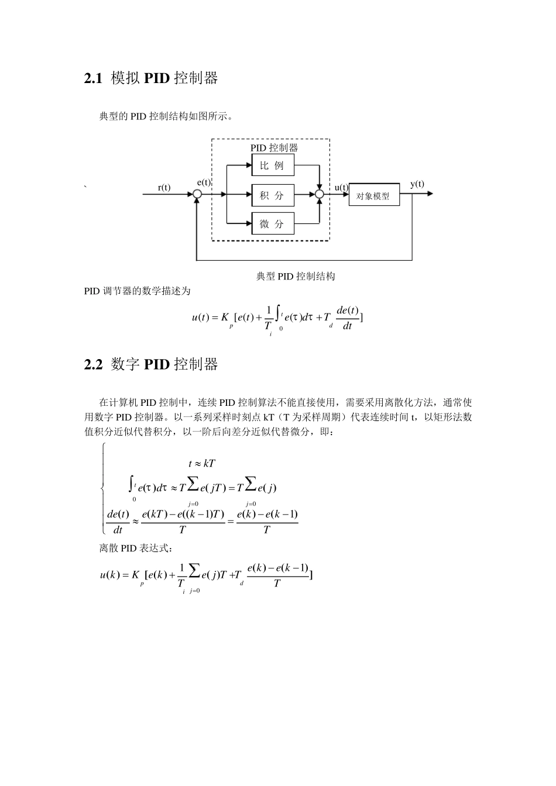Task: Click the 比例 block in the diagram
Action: [273, 166]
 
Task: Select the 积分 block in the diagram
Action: [273, 195]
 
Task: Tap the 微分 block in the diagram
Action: [273, 223]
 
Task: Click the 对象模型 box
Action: [374, 196]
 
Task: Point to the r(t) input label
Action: [164, 188]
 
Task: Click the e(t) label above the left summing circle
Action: [204, 182]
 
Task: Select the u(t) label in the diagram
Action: [341, 188]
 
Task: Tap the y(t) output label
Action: [417, 184]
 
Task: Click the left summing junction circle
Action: [197, 194]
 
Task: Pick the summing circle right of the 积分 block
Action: [320, 194]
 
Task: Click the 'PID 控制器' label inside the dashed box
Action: [274, 148]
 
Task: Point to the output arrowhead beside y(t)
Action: [430, 194]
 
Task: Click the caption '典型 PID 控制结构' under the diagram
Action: [296, 276]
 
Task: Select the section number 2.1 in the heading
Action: [94, 78]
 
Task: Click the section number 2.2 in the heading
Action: [94, 364]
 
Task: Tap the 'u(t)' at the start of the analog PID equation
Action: [200, 318]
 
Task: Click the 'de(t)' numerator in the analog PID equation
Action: [348, 310]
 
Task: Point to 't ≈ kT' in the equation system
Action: [202, 463]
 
